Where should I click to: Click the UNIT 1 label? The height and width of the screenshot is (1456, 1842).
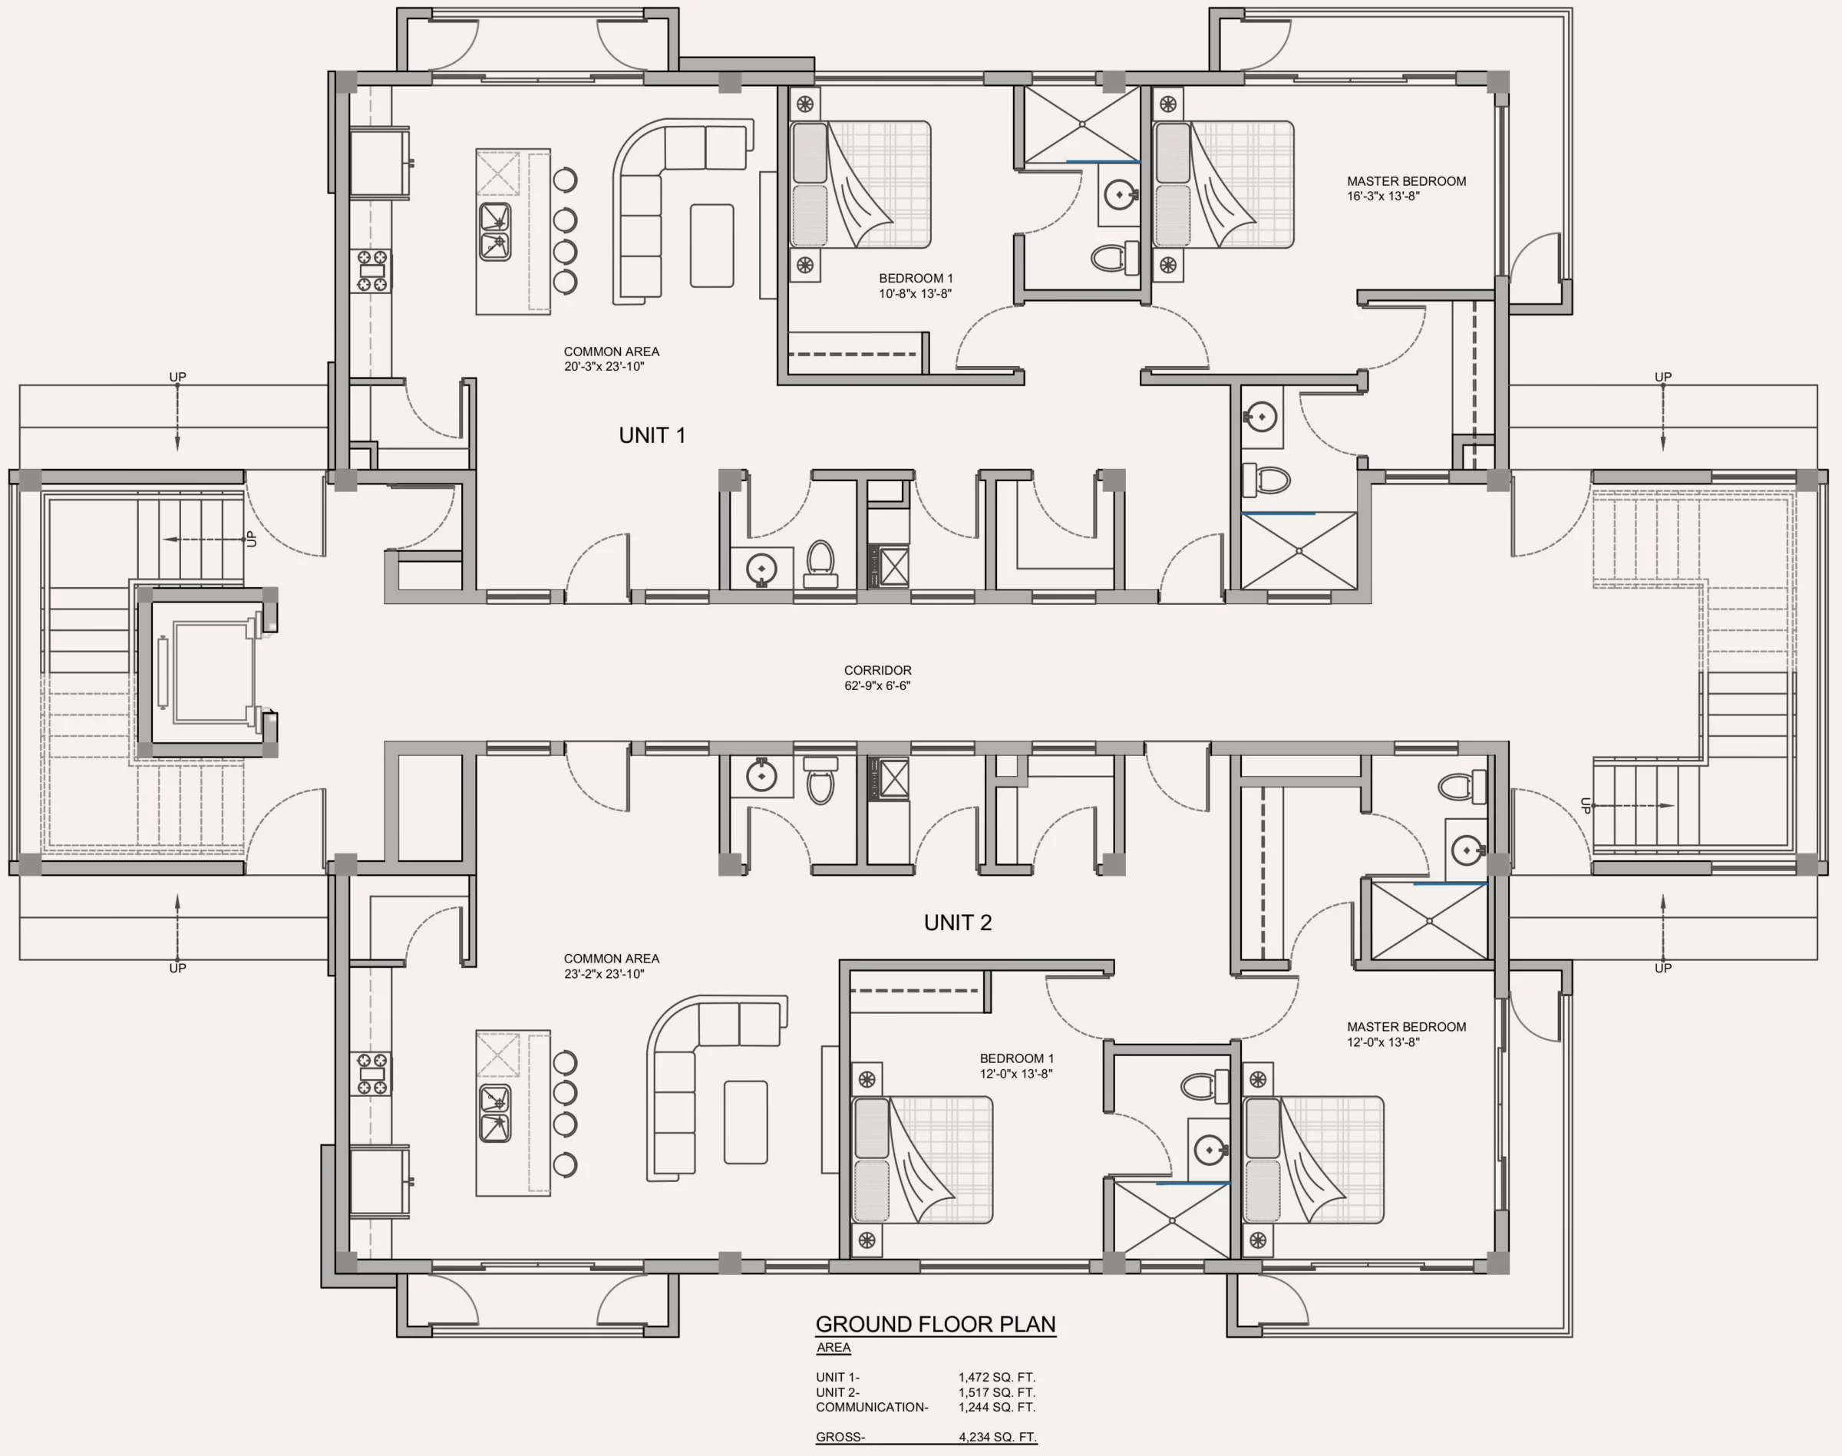tap(652, 436)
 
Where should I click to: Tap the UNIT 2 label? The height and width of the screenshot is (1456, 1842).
tap(957, 923)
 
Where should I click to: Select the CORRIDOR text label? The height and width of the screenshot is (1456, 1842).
tap(878, 671)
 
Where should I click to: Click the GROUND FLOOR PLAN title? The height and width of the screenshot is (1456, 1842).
tap(935, 1324)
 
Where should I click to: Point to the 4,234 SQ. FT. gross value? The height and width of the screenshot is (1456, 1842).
tap(997, 1436)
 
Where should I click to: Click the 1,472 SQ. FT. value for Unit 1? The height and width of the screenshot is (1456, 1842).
tap(997, 1377)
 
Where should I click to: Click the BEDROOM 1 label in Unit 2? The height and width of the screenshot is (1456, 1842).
tap(1017, 1058)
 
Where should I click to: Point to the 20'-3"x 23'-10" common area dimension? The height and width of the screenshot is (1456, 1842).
tap(604, 367)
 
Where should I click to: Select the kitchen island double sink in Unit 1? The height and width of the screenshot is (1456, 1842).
tap(495, 230)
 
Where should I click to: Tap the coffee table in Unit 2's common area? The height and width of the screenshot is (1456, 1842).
tap(746, 1122)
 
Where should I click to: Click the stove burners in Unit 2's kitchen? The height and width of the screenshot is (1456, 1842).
tap(371, 1074)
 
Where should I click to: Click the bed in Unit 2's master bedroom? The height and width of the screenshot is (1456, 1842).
tap(1313, 1159)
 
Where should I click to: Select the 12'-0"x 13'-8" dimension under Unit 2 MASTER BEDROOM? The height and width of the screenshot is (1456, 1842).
tap(1383, 1042)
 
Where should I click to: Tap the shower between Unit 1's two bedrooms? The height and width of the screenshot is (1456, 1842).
tap(1081, 124)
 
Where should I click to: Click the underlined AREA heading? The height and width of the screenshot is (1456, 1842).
tap(834, 1348)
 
